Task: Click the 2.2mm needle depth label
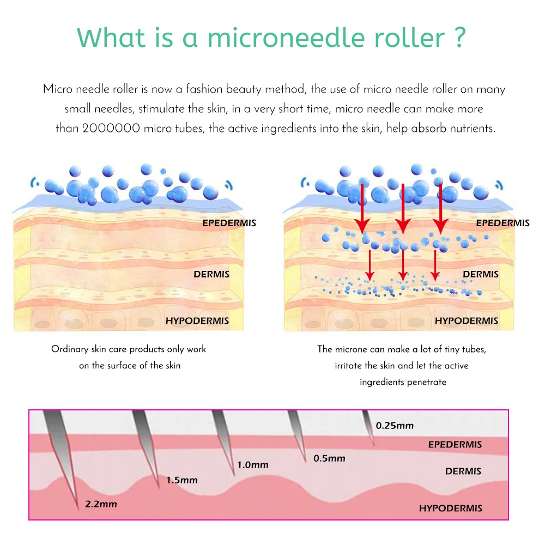[x=101, y=504]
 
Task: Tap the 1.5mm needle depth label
[x=182, y=480]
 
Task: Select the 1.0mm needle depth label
[x=253, y=465]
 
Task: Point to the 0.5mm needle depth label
[x=329, y=458]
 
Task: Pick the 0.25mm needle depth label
[x=395, y=426]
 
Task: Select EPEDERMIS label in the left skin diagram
[x=229, y=223]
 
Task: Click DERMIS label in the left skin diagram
[x=211, y=274]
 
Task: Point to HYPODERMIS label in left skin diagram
[x=197, y=321]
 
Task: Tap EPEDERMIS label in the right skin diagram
[x=502, y=223]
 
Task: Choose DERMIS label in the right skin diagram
[x=481, y=274]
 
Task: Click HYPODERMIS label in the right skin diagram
[x=467, y=321]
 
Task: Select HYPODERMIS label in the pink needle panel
[x=451, y=508]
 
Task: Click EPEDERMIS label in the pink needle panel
[x=455, y=445]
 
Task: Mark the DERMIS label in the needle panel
[x=463, y=471]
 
